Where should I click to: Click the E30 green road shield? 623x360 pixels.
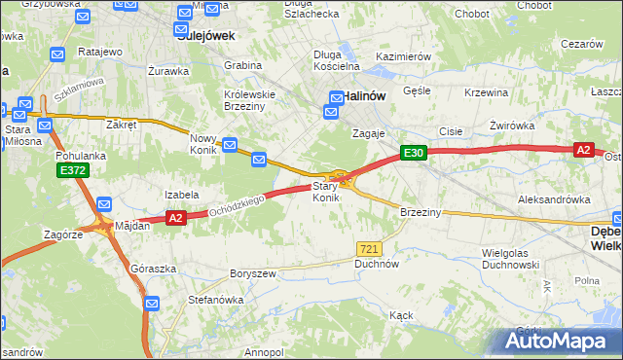pyautogui.click(x=413, y=153)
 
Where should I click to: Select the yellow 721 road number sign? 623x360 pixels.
pyautogui.click(x=367, y=249)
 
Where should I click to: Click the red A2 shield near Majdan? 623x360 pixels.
pyautogui.click(x=175, y=219)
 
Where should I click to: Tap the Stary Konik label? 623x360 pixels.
pyautogui.click(x=326, y=192)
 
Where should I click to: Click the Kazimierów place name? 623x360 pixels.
pyautogui.click(x=403, y=57)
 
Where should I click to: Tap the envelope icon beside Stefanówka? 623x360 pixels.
pyautogui.click(x=152, y=305)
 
